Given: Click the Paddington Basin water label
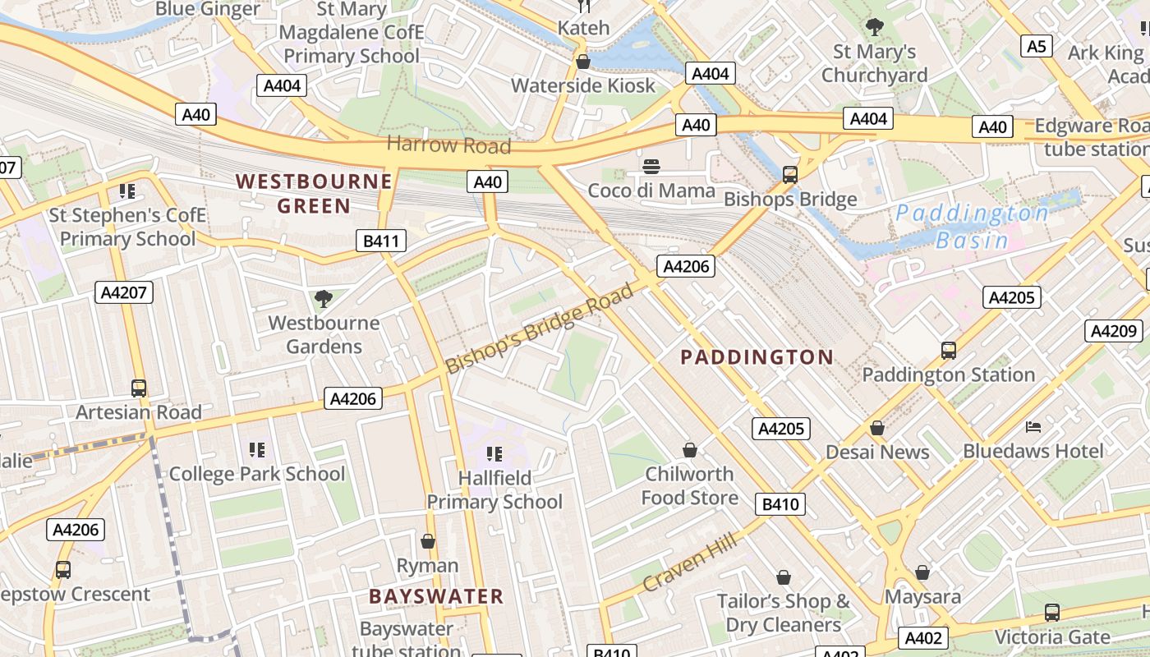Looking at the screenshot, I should point(971,227).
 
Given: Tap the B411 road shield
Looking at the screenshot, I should point(381,241).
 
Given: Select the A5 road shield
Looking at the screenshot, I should point(1037,46).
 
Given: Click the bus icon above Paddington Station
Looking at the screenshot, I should point(949,351).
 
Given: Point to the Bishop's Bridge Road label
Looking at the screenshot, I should point(540,328).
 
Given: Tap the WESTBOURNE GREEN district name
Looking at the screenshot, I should point(314,193).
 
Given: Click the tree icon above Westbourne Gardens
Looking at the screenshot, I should point(324,299).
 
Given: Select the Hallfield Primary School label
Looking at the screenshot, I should point(494,489).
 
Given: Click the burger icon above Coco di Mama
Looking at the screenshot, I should point(652,167).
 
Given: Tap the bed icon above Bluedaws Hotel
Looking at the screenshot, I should point(1033,427).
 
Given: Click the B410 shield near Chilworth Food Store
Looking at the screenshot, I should point(780,504).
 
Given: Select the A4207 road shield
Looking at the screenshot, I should point(124,292).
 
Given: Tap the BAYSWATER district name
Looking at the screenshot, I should point(435,597).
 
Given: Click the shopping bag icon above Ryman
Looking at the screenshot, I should point(428,541).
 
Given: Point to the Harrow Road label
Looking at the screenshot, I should point(448,145).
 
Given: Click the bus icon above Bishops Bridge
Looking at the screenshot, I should point(790,174).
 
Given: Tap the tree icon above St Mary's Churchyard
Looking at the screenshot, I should point(875,27).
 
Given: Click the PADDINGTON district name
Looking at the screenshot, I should point(757,357).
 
